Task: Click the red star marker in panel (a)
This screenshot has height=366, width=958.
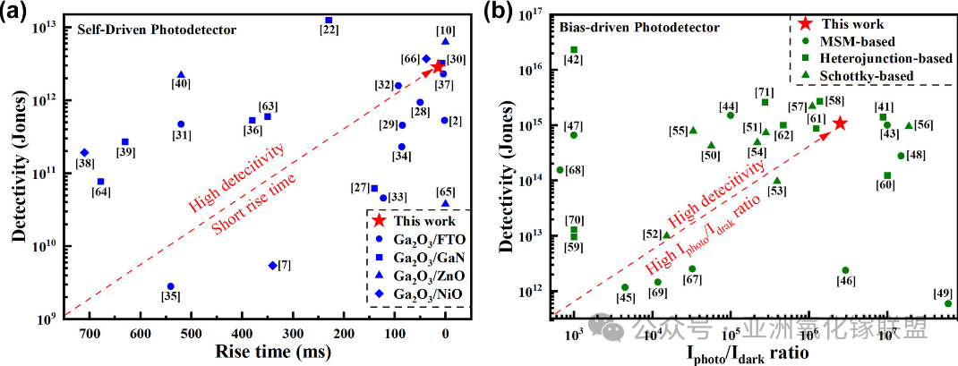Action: (x=438, y=67)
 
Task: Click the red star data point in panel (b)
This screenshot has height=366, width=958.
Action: (x=841, y=123)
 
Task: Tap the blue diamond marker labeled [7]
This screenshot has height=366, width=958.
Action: (x=272, y=266)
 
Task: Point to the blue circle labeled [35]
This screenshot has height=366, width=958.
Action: (x=170, y=286)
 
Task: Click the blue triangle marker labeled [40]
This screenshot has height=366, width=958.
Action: (x=181, y=75)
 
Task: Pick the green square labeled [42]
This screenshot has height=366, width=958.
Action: (x=574, y=50)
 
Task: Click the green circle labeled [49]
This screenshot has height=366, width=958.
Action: (x=948, y=303)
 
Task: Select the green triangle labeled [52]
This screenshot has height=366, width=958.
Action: (x=666, y=235)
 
